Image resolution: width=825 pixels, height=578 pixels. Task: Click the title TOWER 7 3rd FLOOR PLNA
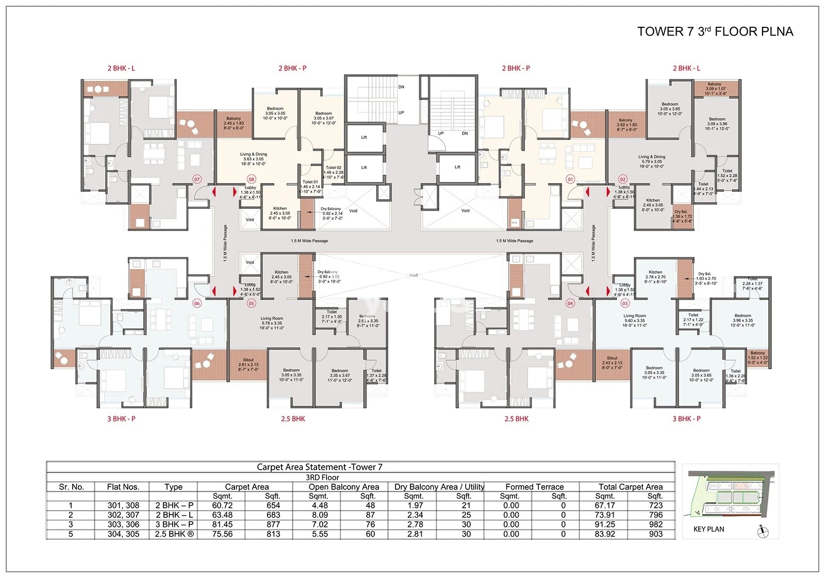(715, 31)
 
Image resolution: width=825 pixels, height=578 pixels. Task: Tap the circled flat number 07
(196, 179)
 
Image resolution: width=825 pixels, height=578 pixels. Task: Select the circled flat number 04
(570, 303)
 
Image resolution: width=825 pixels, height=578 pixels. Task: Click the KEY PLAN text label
(708, 529)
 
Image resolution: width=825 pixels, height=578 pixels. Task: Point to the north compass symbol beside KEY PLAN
(763, 532)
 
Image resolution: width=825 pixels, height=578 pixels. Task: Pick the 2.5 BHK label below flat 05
(293, 419)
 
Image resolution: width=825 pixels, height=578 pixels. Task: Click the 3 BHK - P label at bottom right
(686, 419)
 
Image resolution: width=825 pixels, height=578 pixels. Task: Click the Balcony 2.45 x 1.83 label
(233, 123)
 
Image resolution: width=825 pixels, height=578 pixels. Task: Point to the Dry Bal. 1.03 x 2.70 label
(705, 278)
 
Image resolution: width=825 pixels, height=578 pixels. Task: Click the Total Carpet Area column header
(630, 487)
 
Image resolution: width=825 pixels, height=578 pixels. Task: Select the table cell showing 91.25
(604, 524)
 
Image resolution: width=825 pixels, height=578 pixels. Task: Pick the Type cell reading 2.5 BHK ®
(174, 534)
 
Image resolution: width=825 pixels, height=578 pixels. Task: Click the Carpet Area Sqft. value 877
(273, 524)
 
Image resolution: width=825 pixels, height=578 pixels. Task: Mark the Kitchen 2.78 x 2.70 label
(655, 276)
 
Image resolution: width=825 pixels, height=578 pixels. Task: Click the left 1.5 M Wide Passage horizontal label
(309, 241)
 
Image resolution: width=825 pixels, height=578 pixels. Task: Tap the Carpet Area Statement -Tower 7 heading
(319, 467)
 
